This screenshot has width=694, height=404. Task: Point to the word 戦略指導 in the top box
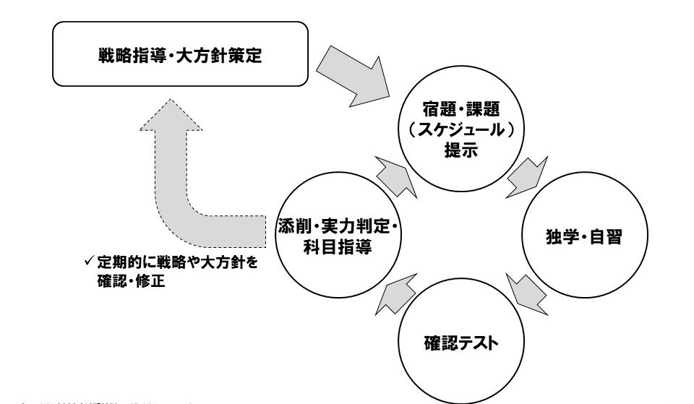coord(123,56)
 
